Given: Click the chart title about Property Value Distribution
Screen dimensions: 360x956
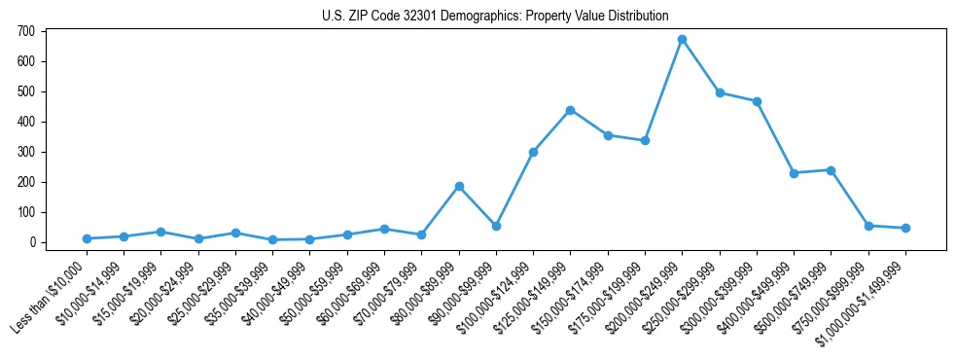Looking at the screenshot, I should (x=495, y=16).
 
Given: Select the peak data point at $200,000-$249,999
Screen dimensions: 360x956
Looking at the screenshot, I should (x=683, y=40).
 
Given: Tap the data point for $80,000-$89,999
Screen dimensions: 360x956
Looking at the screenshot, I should (x=459, y=186).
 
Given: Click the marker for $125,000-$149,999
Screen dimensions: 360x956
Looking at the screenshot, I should (x=571, y=110).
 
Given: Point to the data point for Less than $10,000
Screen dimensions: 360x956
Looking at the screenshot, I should (x=87, y=238).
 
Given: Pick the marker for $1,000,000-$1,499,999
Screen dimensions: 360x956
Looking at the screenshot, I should (x=905, y=228).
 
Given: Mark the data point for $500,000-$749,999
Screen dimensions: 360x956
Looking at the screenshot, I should (x=832, y=170).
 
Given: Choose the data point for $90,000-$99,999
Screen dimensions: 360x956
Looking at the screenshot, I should (x=496, y=226).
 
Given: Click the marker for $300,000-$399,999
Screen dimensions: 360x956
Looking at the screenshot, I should (x=757, y=101).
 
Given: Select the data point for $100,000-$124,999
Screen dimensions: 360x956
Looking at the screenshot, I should (x=533, y=152).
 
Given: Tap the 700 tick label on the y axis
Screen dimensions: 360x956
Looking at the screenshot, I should (x=26, y=31).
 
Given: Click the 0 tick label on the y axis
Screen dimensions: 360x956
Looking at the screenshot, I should (x=32, y=242).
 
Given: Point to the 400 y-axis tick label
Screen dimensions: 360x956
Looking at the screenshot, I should (x=26, y=122).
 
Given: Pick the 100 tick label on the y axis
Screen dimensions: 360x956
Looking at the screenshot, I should (x=26, y=212).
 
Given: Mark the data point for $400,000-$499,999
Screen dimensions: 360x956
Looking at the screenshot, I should (x=795, y=173).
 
